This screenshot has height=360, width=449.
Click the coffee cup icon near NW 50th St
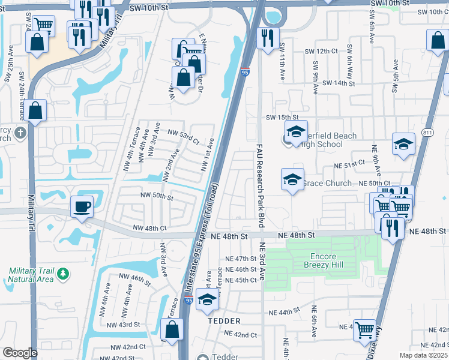[x=82, y=207]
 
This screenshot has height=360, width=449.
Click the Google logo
[x=20, y=353]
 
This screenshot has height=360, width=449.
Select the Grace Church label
[x=327, y=183]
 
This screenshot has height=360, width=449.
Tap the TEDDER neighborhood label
[x=224, y=321]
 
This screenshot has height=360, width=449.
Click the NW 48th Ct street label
[x=149, y=229]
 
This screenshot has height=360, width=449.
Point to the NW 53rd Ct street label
[x=184, y=136]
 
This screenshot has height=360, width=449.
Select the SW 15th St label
[x=282, y=117]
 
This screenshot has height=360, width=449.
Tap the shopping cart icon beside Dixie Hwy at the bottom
[x=364, y=331]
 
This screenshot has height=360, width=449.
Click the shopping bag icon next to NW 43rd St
[x=172, y=329]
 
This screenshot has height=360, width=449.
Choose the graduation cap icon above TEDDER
[x=208, y=300]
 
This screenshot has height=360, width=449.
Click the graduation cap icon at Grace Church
[x=292, y=179]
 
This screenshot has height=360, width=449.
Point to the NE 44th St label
[x=284, y=313]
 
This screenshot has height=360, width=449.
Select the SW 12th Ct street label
[x=322, y=52]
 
